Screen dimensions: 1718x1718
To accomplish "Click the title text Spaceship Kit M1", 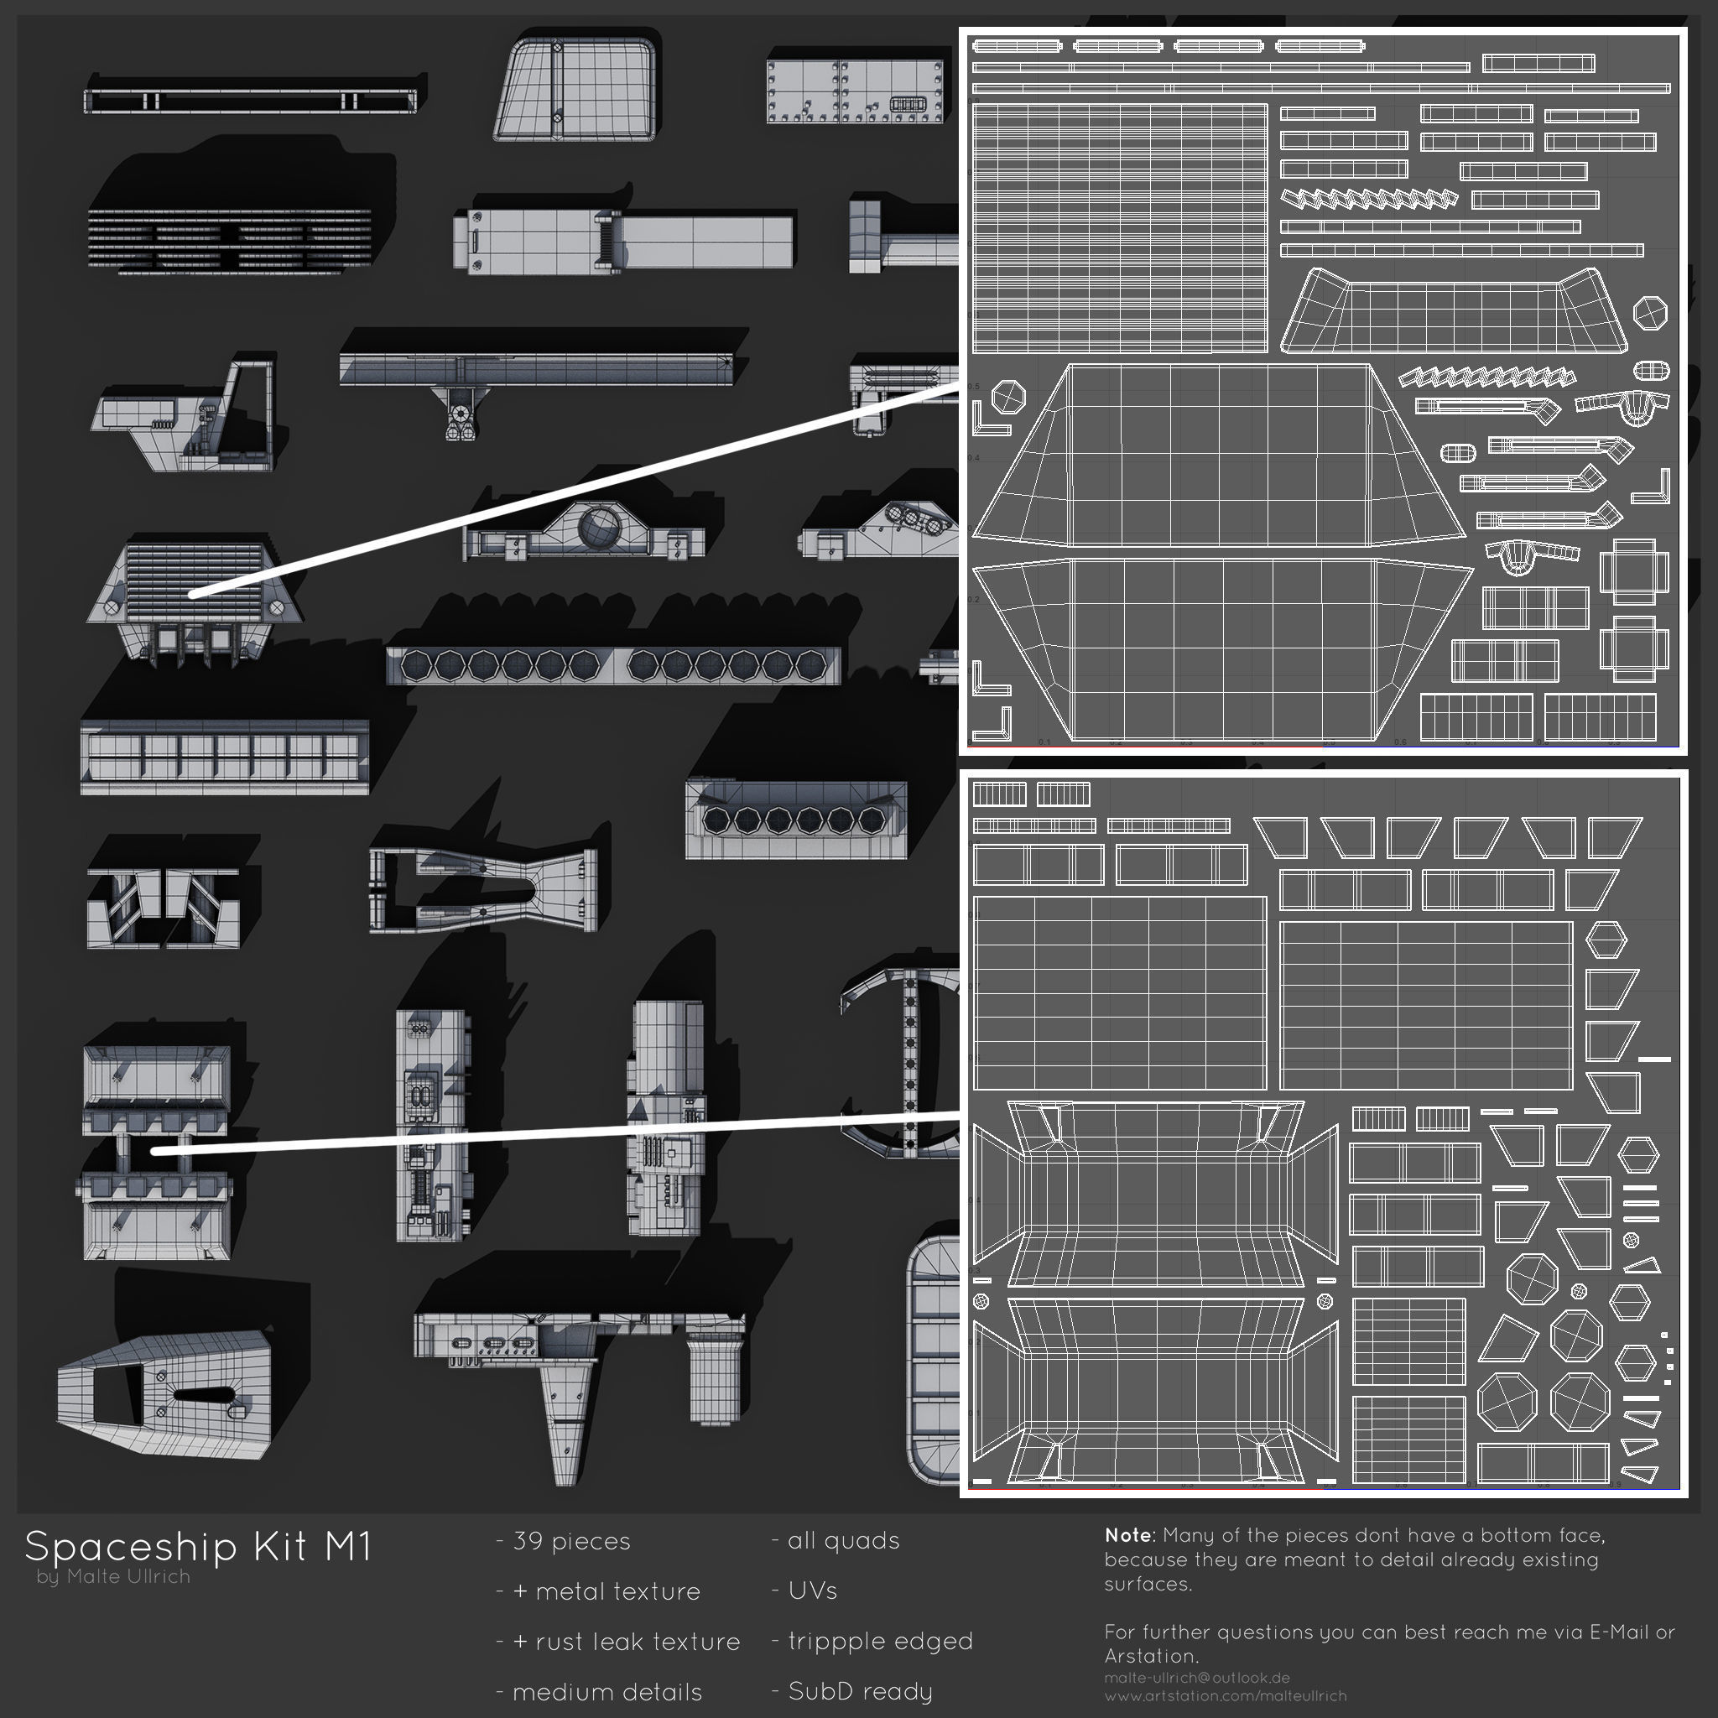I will (x=197, y=1547).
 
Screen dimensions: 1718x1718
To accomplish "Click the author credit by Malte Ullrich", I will (x=114, y=1576).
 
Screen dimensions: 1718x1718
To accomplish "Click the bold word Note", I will (x=1127, y=1536).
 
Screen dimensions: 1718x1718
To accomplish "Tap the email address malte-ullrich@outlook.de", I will (x=1197, y=1678).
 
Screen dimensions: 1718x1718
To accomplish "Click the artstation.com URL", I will (x=1226, y=1695).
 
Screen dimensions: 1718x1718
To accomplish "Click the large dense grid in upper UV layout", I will (x=1120, y=228).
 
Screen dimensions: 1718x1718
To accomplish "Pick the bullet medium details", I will (x=607, y=1691).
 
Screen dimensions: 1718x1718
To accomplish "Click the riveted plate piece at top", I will (x=855, y=91).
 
